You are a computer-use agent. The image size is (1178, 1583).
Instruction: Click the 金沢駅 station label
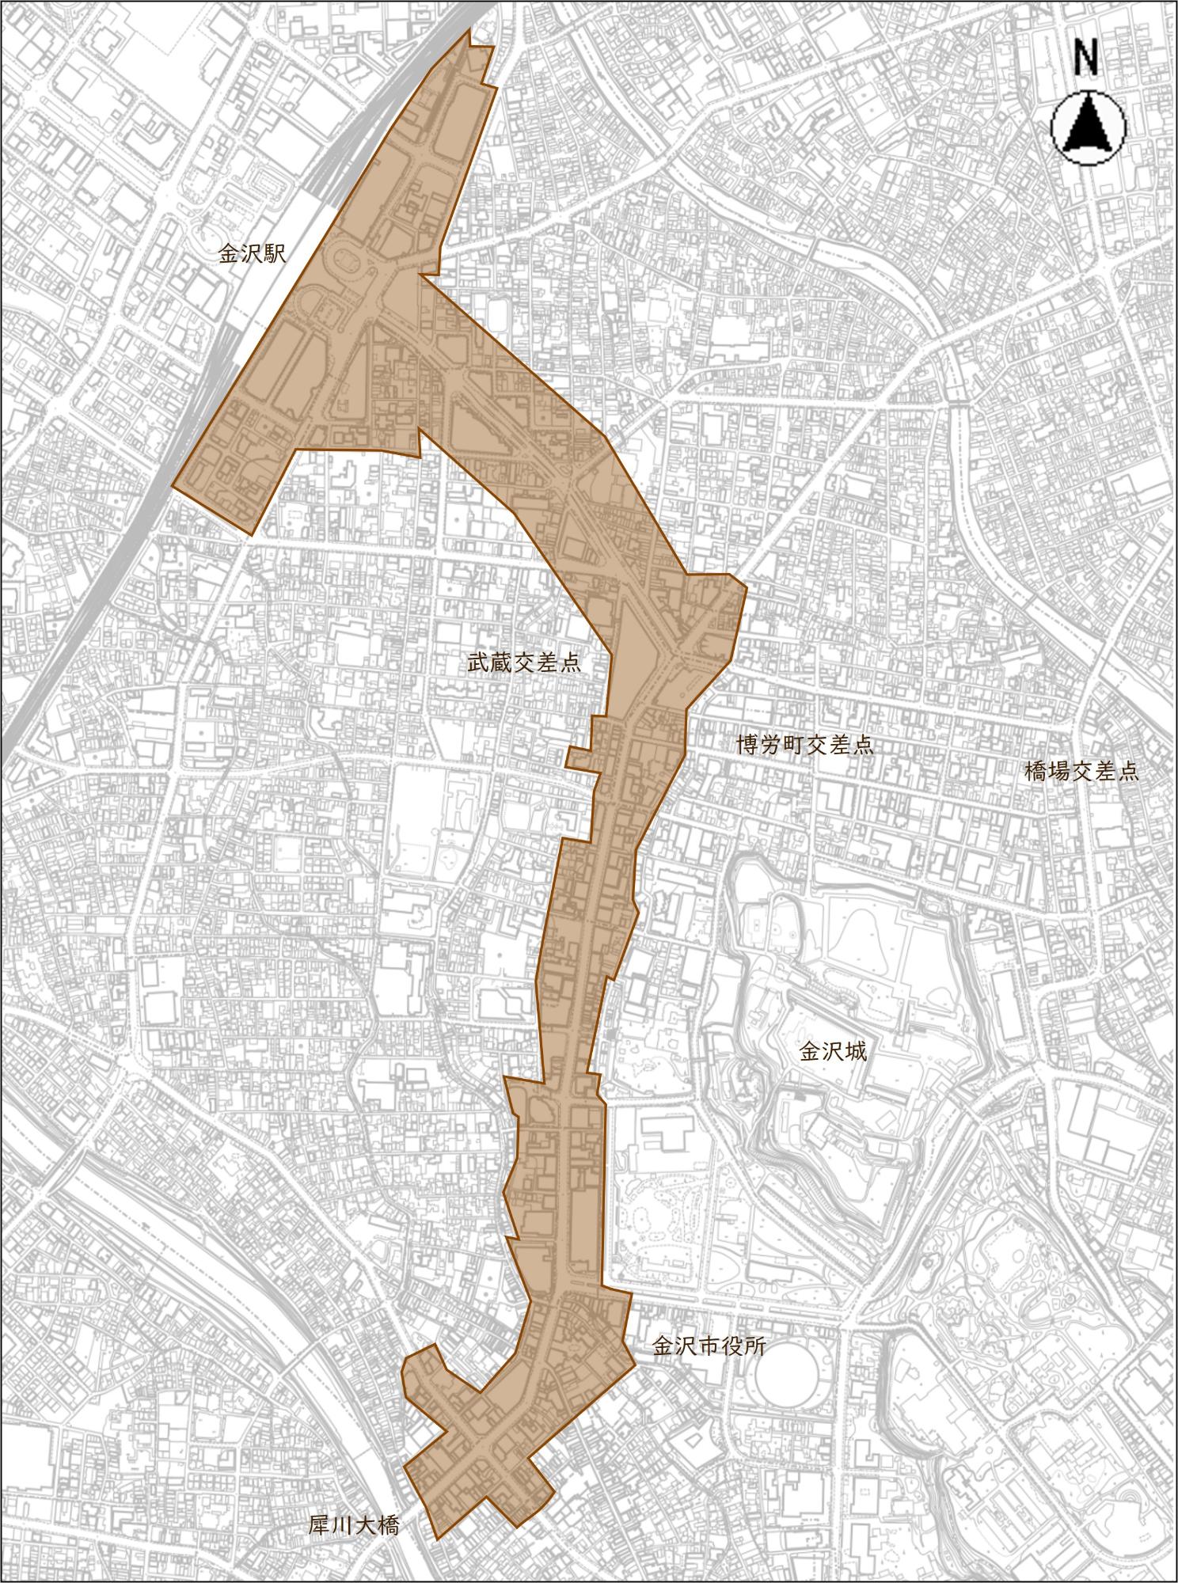251,254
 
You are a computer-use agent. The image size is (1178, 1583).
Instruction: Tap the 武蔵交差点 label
523,663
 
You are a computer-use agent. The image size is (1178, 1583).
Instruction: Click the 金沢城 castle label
833,1052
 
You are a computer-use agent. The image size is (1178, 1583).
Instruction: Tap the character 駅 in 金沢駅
274,254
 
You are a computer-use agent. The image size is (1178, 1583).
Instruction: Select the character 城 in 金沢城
856,1052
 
